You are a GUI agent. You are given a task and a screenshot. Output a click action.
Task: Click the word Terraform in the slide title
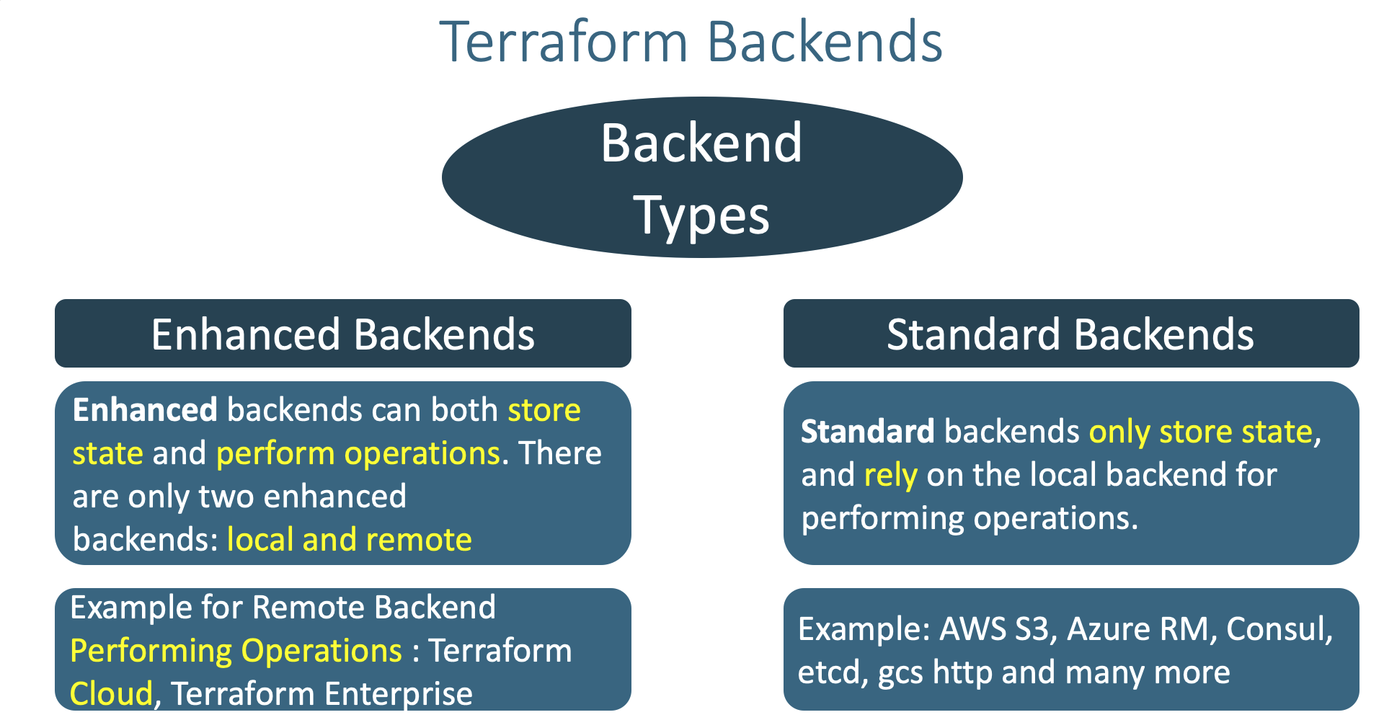tap(564, 42)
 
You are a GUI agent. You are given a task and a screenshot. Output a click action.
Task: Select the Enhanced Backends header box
tap(343, 334)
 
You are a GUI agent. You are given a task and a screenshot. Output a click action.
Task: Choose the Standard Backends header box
tap(1071, 334)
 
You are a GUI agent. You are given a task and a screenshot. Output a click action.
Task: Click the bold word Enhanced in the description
tap(145, 410)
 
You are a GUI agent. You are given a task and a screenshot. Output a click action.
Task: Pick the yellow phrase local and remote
tap(350, 540)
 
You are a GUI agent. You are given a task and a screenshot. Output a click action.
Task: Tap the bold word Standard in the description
tap(868, 432)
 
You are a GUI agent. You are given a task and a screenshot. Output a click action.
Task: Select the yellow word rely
tap(891, 476)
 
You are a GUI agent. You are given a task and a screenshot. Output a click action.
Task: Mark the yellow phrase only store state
tap(1201, 432)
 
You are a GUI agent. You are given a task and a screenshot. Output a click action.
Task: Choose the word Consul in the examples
tap(1276, 629)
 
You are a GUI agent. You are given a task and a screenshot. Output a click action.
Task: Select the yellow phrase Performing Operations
tap(236, 652)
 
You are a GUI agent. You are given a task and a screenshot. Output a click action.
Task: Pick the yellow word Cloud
tap(112, 694)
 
